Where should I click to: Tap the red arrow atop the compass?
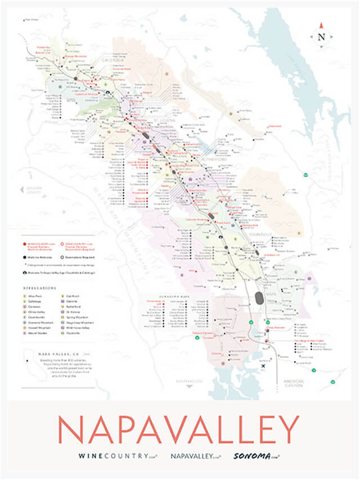[x=322, y=25]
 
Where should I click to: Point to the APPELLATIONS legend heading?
[x=40, y=287]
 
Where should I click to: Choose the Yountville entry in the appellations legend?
[x=81, y=333]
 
